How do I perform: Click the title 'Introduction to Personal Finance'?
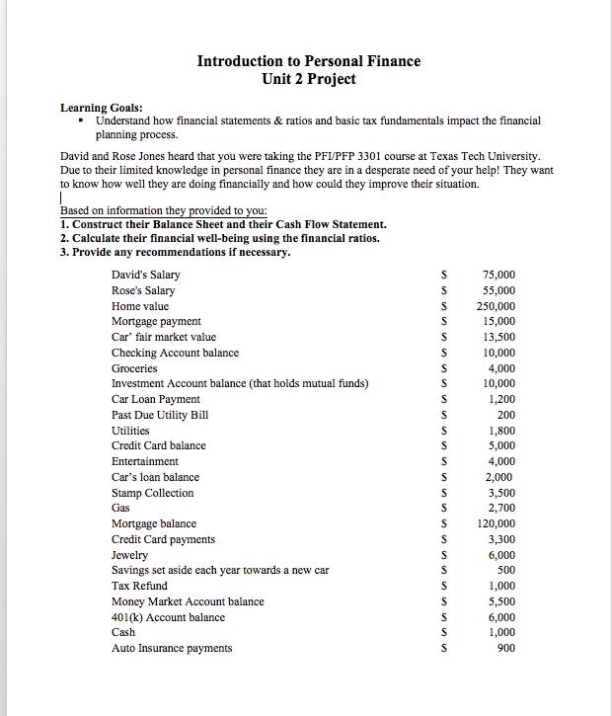pos(308,61)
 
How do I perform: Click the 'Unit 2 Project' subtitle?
pos(308,79)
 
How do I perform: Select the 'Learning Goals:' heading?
pos(101,108)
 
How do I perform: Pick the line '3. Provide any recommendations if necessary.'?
pos(175,252)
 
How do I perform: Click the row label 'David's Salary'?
pos(145,275)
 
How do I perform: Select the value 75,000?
pos(498,275)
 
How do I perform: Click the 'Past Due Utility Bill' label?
pos(160,415)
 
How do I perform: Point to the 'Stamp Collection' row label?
pos(152,493)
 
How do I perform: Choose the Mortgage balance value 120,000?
pos(496,524)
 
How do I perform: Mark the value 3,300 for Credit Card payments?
pos(501,540)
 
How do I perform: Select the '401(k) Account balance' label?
pos(168,617)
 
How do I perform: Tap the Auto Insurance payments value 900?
pos(505,648)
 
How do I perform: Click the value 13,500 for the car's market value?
pos(498,337)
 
